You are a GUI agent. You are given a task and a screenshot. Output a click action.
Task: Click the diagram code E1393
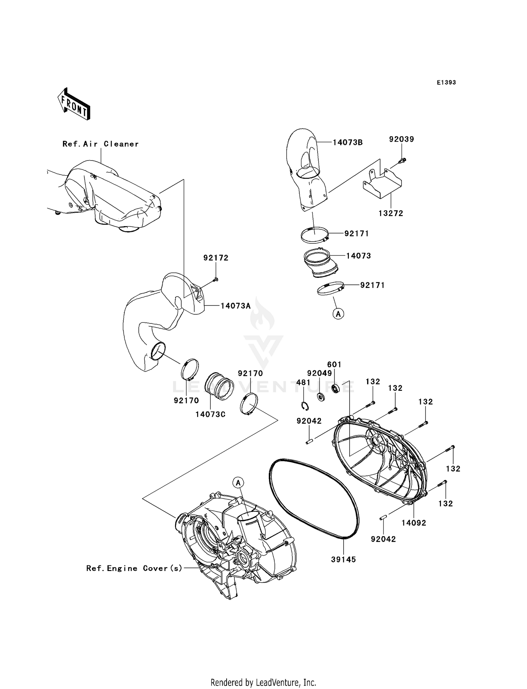pos(446,83)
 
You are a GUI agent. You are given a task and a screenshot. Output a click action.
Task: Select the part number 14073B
pos(347,143)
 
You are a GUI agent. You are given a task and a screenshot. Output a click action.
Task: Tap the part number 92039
pos(401,139)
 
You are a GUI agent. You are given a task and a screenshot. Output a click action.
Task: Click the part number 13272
pos(391,213)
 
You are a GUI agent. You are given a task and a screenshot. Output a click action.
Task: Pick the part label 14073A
pos(235,306)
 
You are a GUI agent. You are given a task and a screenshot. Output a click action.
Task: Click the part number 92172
pos(216,258)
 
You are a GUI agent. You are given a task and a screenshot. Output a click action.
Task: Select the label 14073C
pos(210,414)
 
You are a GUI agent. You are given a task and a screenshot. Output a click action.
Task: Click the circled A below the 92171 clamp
pos(338,314)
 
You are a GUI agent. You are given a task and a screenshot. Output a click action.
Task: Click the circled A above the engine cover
pos(238,483)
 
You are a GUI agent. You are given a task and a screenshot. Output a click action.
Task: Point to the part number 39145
pos(343,559)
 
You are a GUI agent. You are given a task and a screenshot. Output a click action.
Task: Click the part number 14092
pos(414,523)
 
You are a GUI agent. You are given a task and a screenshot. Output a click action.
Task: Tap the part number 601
pos(334,365)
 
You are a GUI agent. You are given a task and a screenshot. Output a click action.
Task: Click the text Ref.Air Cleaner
pos(100,144)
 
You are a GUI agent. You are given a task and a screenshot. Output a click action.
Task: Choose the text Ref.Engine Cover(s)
pos(134,568)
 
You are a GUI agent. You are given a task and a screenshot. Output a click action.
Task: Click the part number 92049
pos(319,373)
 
